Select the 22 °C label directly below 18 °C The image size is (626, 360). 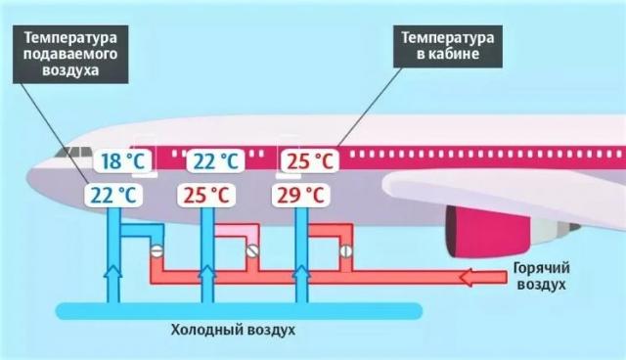tap(114, 194)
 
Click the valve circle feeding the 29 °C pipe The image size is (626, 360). tap(344, 250)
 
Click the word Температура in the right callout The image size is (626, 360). tap(450, 36)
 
